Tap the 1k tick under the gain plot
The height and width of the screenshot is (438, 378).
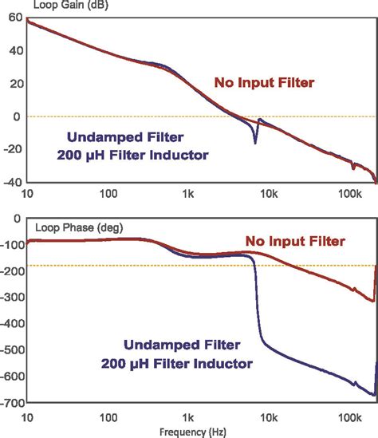tap(188, 194)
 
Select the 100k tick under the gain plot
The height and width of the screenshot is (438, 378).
tap(348, 194)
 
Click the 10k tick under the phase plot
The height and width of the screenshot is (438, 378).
tap(268, 417)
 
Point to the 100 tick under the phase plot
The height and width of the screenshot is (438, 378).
tap(108, 417)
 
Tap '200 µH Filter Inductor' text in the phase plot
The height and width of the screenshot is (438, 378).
tap(177, 363)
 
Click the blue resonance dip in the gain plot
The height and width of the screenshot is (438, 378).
tap(255, 142)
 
